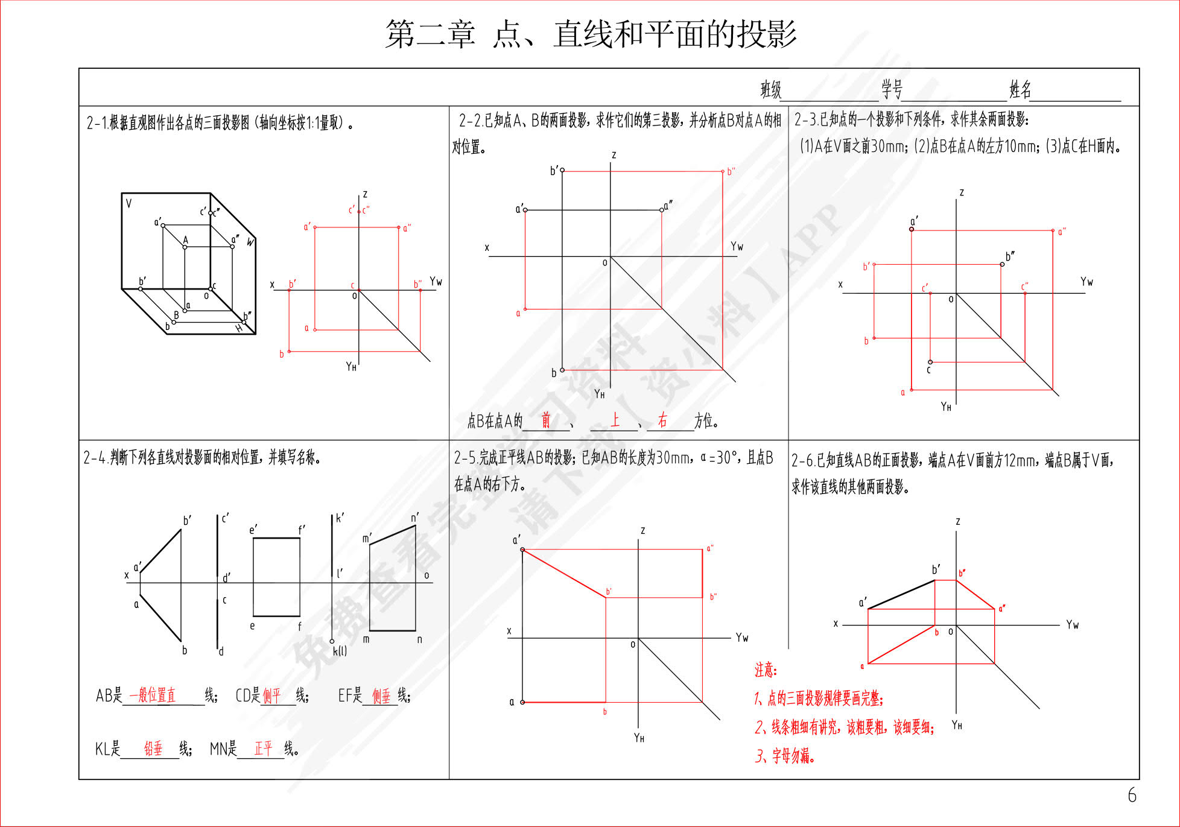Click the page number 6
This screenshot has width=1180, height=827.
pos(1132,795)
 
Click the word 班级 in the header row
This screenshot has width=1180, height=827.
pos(770,90)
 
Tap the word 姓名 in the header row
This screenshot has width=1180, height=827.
pos(1020,90)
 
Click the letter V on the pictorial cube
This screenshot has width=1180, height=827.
pos(128,204)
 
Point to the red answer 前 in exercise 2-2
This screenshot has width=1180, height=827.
pos(545,420)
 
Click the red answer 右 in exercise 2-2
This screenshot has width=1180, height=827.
pos(662,420)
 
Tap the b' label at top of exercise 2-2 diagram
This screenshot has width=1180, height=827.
pos(554,171)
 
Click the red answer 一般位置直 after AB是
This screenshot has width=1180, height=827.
pos(152,696)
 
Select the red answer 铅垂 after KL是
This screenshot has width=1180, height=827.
pos(153,749)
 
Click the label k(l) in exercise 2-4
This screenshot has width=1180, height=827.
pos(340,651)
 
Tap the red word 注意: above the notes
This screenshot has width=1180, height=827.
pos(766,670)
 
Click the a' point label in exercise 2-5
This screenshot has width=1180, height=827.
pos(516,540)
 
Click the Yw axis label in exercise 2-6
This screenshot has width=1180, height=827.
pos(1072,625)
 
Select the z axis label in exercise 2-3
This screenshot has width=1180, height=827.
pos(962,193)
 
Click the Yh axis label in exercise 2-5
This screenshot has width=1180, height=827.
pos(639,738)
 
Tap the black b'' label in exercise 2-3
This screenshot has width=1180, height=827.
pos(1010,256)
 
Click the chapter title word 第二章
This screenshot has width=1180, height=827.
pos(430,34)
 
